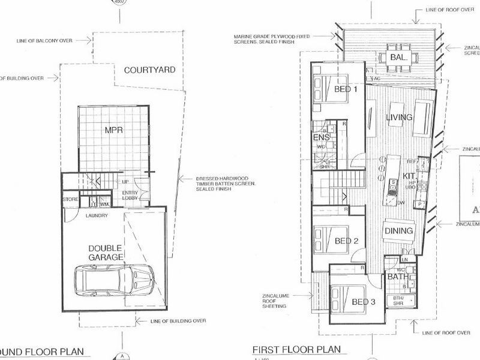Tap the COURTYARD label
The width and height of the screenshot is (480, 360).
pos(149,70)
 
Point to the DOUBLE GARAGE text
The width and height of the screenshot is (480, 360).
pos(106,253)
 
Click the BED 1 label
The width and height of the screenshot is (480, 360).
pos(346,89)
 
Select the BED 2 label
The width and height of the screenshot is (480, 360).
pos(346,241)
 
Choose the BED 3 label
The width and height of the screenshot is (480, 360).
pos(363,302)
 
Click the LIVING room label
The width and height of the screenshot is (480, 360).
pos(400,117)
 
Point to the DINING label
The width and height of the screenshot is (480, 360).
pos(398,231)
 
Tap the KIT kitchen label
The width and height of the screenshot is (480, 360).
pos(409,175)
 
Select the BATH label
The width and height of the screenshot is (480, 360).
pos(397,277)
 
